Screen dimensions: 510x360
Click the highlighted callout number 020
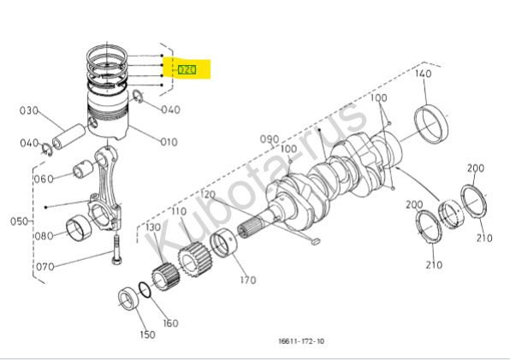point(187,69)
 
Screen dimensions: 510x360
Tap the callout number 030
point(29,110)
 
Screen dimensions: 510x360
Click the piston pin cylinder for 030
point(69,136)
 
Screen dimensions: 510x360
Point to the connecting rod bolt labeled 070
point(117,250)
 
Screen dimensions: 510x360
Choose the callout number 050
point(19,221)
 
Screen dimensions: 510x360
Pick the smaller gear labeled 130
point(165,277)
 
